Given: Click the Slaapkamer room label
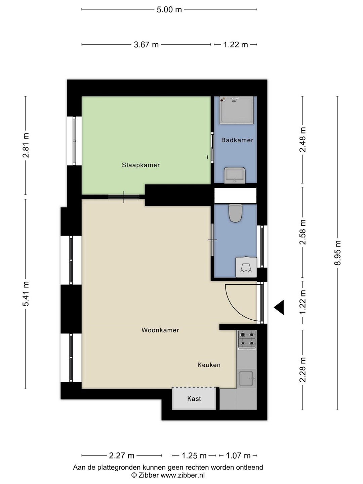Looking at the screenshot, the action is [x=140, y=165].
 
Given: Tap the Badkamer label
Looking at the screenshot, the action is [x=237, y=140].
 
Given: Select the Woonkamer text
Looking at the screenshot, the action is [x=160, y=330].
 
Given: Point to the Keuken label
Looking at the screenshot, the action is [x=209, y=365].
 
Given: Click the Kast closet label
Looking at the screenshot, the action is [x=194, y=399].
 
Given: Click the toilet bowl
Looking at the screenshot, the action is [x=235, y=213].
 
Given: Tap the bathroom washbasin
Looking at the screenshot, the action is [x=235, y=175].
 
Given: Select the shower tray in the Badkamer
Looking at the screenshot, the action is [x=236, y=110].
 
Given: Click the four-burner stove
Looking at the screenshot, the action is [x=247, y=340].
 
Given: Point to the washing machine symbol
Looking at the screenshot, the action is [x=246, y=267].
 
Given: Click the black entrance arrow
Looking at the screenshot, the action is [x=279, y=308].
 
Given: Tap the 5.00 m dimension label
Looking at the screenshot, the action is [x=169, y=10].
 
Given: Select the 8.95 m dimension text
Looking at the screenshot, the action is [x=338, y=253].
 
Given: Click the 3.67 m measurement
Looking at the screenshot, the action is [x=146, y=45].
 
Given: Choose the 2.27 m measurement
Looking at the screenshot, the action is [x=122, y=455].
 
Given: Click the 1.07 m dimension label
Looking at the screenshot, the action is [x=238, y=455].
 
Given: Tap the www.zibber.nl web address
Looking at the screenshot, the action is [x=183, y=475].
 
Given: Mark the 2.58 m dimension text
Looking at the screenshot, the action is [x=302, y=232].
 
